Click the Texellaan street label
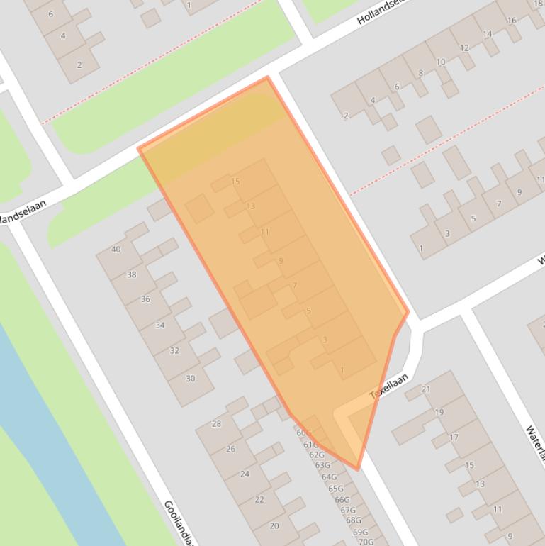pyautogui.click(x=390, y=386)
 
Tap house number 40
pyautogui.click(x=116, y=249)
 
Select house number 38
pyautogui.click(x=131, y=274)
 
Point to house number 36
pyautogui.click(x=145, y=299)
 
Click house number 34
pyautogui.click(x=160, y=325)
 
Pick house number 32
pyautogui.click(x=174, y=350)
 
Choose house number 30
pyautogui.click(x=190, y=379)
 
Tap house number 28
pyautogui.click(x=216, y=424)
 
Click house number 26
pyautogui.click(x=230, y=449)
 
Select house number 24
pyautogui.click(x=245, y=474)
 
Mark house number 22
pyautogui.click(x=259, y=499)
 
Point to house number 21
pyautogui.click(x=426, y=389)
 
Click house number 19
pyautogui.click(x=439, y=412)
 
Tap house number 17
pyautogui.click(x=454, y=437)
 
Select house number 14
pyautogui.click(x=487, y=34)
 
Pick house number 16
pyautogui.click(x=511, y=21)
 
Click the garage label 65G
pyautogui.click(x=335, y=489)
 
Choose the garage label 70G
pyautogui.click(x=366, y=542)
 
